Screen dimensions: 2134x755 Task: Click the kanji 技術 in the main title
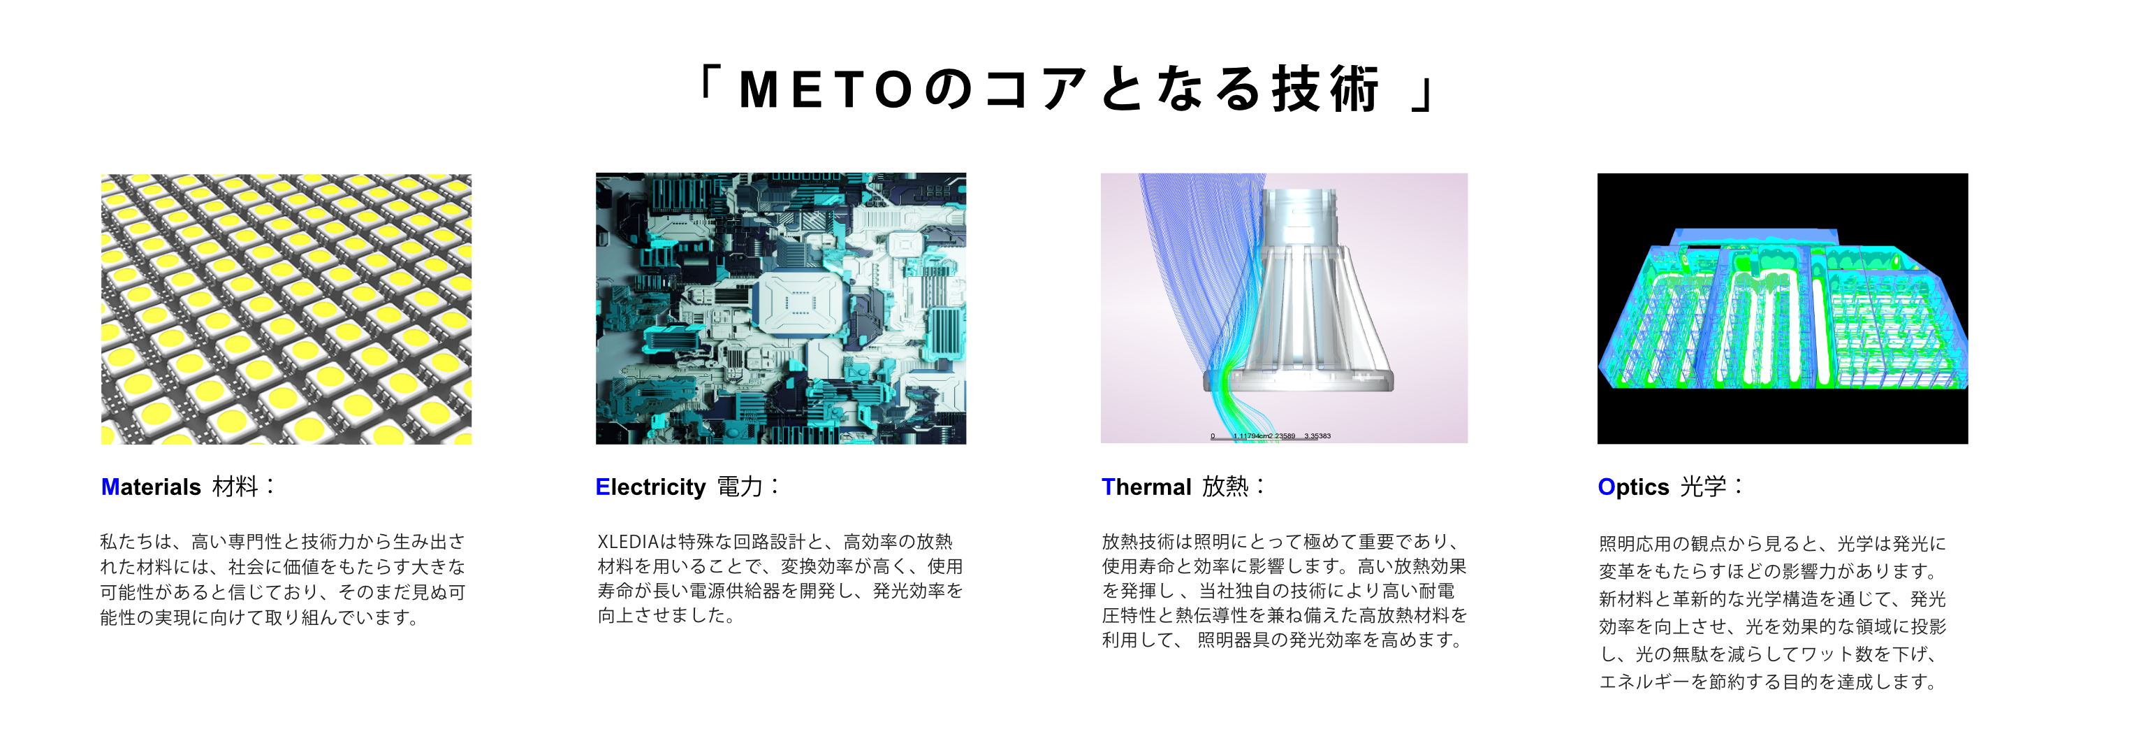tap(1327, 89)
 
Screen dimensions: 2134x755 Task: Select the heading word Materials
tap(151, 487)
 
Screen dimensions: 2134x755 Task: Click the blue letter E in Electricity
tap(602, 487)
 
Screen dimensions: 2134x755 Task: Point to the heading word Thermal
tap(1146, 487)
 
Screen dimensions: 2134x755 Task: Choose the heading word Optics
tap(1633, 487)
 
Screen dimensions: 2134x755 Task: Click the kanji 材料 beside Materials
tap(235, 487)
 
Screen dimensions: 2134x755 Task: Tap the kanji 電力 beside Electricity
tap(739, 487)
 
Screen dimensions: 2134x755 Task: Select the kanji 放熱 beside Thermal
tap(1225, 487)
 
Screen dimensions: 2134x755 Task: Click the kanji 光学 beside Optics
tap(1703, 487)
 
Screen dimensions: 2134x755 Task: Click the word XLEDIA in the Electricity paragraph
tap(627, 542)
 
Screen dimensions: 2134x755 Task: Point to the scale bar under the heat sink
tap(1270, 436)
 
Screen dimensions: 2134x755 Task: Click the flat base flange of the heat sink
tap(1298, 380)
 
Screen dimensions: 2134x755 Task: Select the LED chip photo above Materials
tap(286, 308)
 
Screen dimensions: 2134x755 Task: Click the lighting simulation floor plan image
tap(1782, 308)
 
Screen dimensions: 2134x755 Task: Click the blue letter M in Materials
tap(110, 487)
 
